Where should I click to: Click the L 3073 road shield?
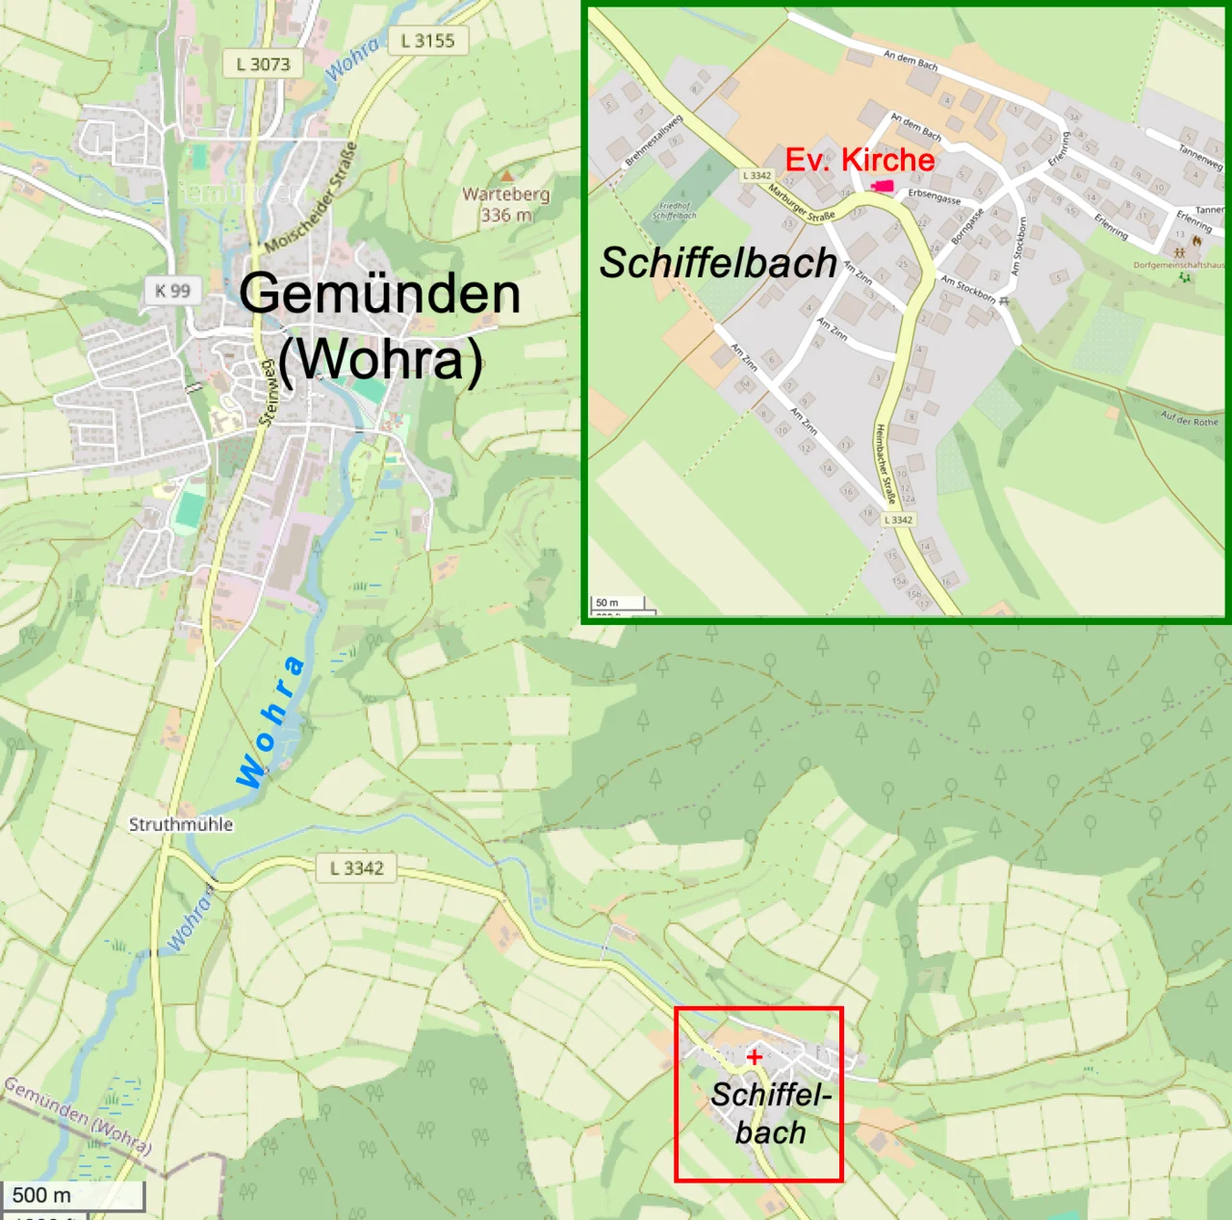(x=263, y=64)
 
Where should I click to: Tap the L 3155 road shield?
(x=427, y=40)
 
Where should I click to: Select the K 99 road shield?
(x=173, y=290)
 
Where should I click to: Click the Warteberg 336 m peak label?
(x=505, y=204)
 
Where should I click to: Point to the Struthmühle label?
(x=181, y=824)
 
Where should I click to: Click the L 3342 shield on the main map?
(x=357, y=868)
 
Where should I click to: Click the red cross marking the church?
(x=754, y=1056)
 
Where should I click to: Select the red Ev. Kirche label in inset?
(x=860, y=160)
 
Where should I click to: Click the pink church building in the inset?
(x=882, y=186)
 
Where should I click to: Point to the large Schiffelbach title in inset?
(x=718, y=263)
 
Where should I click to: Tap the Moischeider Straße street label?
(x=312, y=197)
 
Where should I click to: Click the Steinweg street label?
(x=268, y=392)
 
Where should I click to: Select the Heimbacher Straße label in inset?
(x=885, y=463)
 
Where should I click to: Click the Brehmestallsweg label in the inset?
(x=654, y=141)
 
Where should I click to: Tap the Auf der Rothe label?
(x=1189, y=419)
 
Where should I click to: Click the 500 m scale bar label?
(x=41, y=1195)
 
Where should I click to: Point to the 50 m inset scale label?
(x=607, y=603)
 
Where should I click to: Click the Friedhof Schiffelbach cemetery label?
(x=674, y=210)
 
